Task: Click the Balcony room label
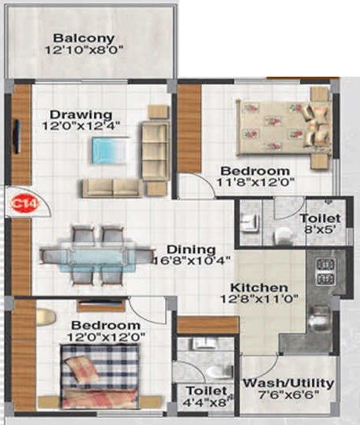(x=84, y=38)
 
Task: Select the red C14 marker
(x=17, y=203)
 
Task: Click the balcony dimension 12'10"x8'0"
(x=84, y=51)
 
